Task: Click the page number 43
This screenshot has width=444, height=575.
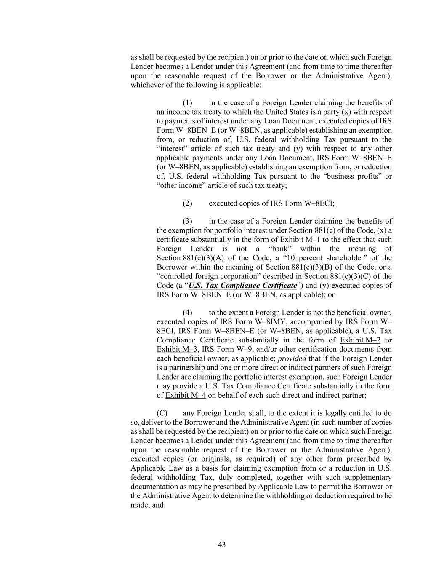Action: (x=222, y=545)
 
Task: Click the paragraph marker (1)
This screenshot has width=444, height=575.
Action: (x=187, y=103)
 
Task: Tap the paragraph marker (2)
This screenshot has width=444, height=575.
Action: (x=187, y=203)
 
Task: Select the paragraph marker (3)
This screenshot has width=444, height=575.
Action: (x=187, y=221)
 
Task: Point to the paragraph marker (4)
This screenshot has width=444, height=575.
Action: (x=187, y=313)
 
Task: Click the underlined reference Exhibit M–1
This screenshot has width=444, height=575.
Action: (x=300, y=240)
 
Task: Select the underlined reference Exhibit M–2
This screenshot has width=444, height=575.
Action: (x=360, y=340)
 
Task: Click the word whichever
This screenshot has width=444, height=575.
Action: (x=146, y=85)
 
